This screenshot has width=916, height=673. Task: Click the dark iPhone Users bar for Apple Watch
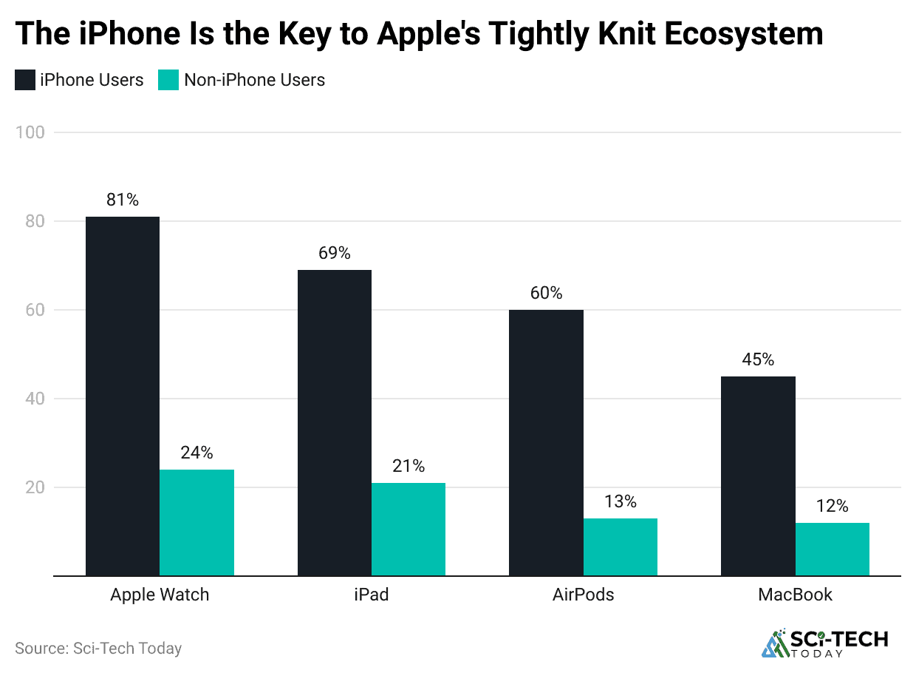[123, 396]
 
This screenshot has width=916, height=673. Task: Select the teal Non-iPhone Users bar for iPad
[409, 529]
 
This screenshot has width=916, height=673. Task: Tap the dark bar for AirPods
[546, 442]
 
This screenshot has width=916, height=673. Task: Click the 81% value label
[123, 200]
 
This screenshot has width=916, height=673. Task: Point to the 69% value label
[335, 253]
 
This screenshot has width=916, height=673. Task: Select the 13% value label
[620, 501]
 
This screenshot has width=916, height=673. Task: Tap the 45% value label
[758, 359]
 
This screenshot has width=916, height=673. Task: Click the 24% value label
[196, 453]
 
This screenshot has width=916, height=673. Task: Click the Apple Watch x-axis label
[160, 595]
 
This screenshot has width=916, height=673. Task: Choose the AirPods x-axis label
[583, 595]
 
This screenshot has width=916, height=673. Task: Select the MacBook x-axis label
[795, 595]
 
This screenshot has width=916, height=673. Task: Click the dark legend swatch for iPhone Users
[25, 80]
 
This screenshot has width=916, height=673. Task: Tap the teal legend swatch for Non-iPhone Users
[168, 80]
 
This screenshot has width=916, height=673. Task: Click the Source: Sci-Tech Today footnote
[98, 649]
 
